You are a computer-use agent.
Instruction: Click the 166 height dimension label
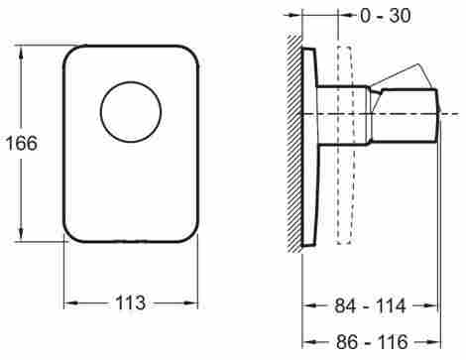(x=22, y=143)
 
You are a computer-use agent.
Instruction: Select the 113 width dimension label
(x=130, y=302)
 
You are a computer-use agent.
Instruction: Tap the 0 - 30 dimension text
(x=386, y=15)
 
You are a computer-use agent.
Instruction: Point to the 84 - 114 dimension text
(x=370, y=305)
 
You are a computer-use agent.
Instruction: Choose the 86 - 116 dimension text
(x=372, y=341)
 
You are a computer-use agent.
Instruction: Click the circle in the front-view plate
(x=131, y=112)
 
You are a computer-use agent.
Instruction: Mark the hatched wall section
(x=294, y=143)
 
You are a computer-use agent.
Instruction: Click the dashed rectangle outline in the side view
(x=344, y=146)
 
